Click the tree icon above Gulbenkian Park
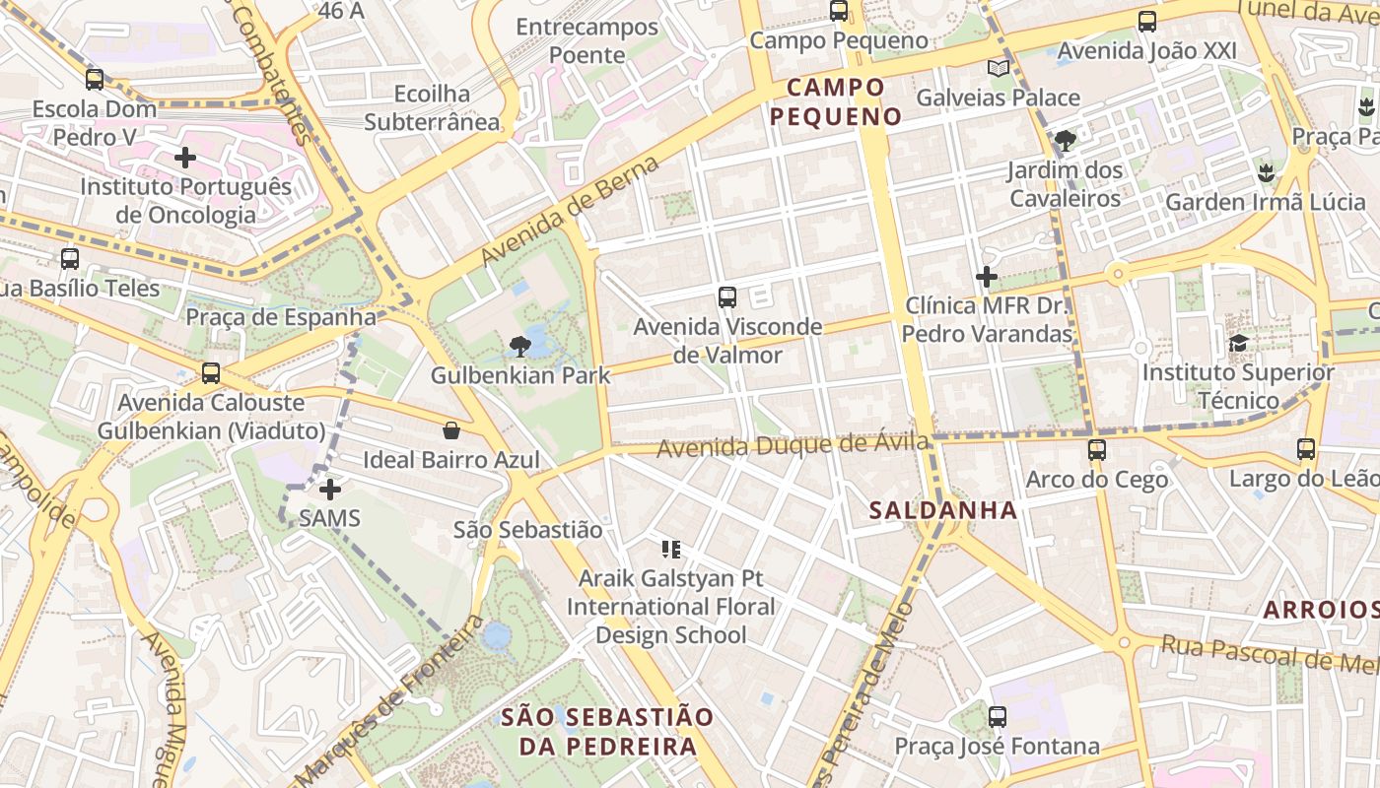(x=520, y=346)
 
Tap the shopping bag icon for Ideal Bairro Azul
(x=450, y=430)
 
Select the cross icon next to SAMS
(x=330, y=489)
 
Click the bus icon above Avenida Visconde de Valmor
(x=727, y=296)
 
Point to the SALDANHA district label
(x=943, y=510)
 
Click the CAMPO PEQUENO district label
(x=836, y=102)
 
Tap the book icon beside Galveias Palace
(x=999, y=68)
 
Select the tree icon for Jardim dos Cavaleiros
(x=1065, y=141)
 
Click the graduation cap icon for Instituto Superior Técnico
(x=1238, y=343)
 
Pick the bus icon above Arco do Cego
(x=1096, y=450)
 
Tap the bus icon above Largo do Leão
(x=1306, y=449)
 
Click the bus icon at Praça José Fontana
(x=998, y=717)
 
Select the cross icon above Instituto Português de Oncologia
(x=185, y=158)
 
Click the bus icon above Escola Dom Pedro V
(x=95, y=80)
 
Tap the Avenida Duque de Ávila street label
(x=793, y=446)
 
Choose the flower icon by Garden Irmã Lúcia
(x=1265, y=173)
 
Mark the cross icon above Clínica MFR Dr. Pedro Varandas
(x=987, y=277)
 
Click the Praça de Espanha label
(x=281, y=317)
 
